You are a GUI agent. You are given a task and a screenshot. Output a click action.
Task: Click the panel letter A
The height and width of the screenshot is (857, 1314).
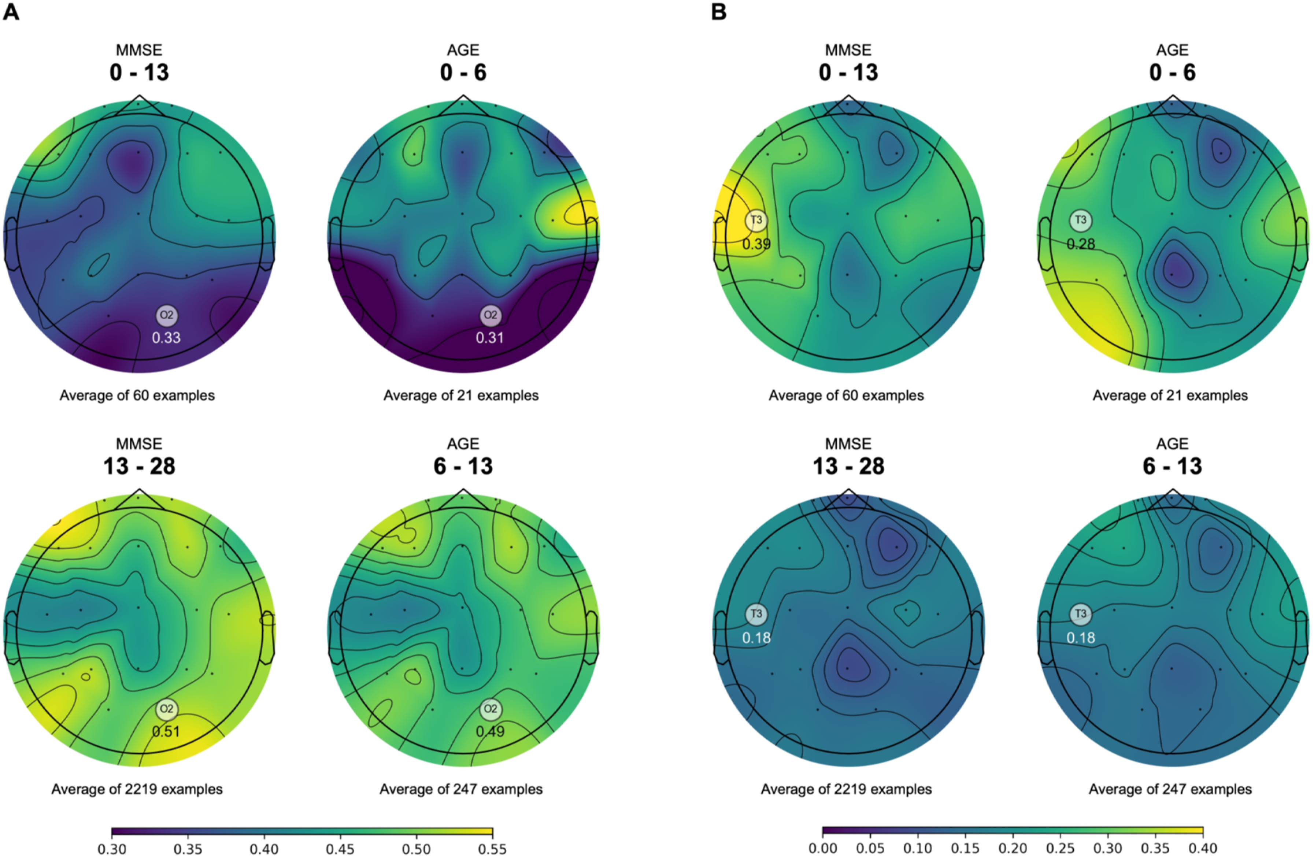click(11, 12)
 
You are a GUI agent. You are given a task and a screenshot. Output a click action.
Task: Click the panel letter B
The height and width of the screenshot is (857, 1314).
click(718, 12)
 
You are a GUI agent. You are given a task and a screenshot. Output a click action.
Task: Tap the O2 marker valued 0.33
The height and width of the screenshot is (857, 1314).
click(166, 315)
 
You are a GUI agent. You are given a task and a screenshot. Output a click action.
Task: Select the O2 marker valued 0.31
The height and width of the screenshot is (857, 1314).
click(490, 315)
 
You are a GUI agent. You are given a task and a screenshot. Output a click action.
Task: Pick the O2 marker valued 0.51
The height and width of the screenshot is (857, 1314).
click(166, 709)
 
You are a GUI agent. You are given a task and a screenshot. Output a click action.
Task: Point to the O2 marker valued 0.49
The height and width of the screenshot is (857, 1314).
click(490, 709)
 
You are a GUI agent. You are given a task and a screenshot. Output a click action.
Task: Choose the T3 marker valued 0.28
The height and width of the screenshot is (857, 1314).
click(1080, 220)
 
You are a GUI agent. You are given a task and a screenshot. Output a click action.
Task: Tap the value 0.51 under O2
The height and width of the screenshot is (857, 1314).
click(166, 732)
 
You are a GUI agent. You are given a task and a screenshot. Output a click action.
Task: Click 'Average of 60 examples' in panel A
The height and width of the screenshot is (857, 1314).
click(137, 396)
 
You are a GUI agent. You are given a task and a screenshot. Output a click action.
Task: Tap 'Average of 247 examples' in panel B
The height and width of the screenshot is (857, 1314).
click(1170, 790)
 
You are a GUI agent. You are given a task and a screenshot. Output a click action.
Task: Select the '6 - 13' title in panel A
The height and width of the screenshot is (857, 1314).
click(463, 466)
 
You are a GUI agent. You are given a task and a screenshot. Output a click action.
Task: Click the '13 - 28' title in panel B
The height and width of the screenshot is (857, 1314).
click(848, 466)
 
